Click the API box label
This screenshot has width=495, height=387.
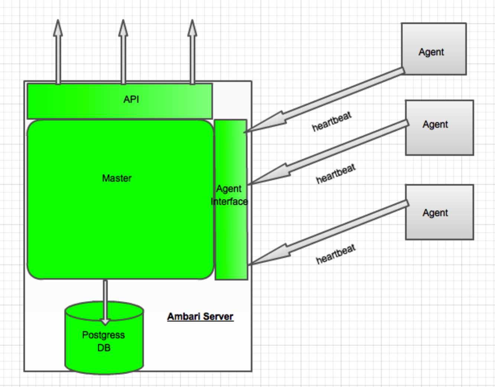tap(131, 100)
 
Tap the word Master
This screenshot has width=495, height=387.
tap(117, 178)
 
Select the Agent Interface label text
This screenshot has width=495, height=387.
tap(229, 195)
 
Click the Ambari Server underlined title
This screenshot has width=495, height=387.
tap(200, 316)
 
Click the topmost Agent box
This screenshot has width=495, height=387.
tap(434, 49)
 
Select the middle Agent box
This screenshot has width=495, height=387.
tap(439, 127)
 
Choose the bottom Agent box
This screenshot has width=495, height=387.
tap(439, 212)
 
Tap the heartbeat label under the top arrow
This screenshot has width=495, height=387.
tap(331, 122)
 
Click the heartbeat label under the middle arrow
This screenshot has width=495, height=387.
tap(336, 174)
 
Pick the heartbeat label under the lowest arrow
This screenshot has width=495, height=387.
tap(336, 254)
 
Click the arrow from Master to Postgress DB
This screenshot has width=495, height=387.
tap(106, 301)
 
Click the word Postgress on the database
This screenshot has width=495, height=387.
tap(103, 335)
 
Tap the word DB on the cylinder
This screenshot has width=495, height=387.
tap(104, 348)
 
